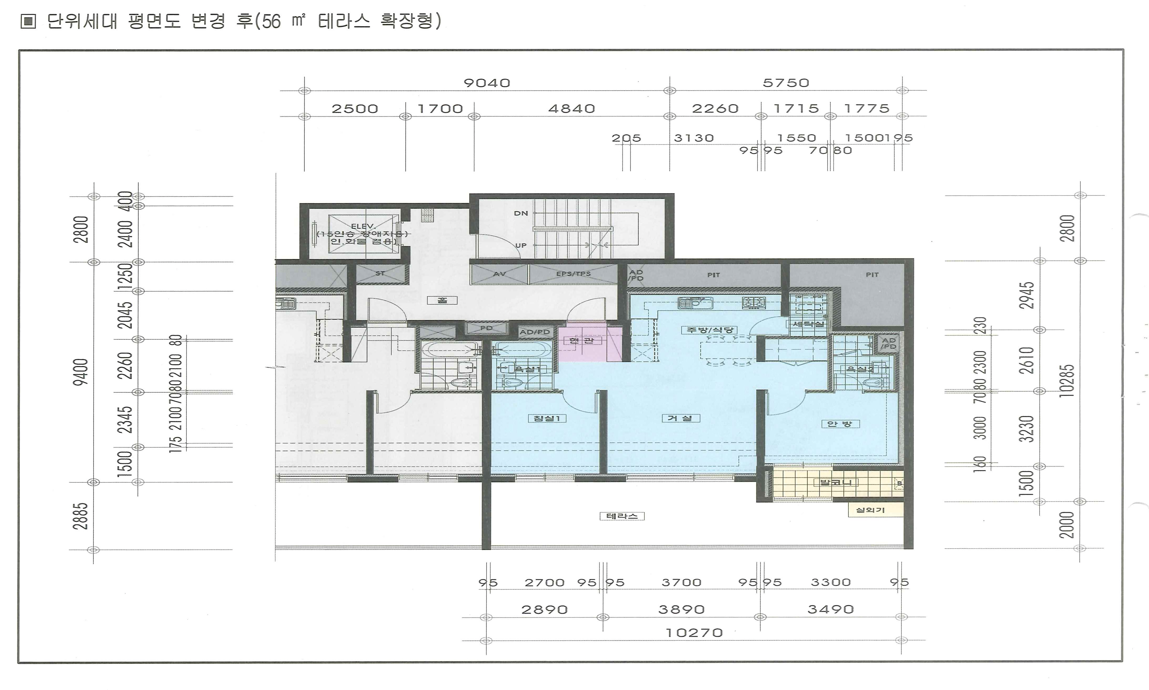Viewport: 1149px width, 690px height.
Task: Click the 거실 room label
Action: (680, 419)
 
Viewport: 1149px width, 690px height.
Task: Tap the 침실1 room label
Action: (547, 419)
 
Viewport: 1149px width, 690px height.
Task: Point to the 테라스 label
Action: (622, 516)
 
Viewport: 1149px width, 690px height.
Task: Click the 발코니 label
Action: (836, 483)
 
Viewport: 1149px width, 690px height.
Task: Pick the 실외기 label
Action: (870, 510)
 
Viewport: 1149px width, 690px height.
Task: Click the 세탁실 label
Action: (808, 324)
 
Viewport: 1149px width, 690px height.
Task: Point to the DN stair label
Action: (521, 213)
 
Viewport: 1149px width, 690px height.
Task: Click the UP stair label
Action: (521, 245)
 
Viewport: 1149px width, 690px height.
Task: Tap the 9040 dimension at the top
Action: (487, 83)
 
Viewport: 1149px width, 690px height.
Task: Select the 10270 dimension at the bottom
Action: (694, 633)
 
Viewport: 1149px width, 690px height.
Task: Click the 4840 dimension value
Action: (571, 109)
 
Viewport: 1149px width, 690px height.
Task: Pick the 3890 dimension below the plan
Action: (681, 610)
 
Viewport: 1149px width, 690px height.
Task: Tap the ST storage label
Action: (380, 273)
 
